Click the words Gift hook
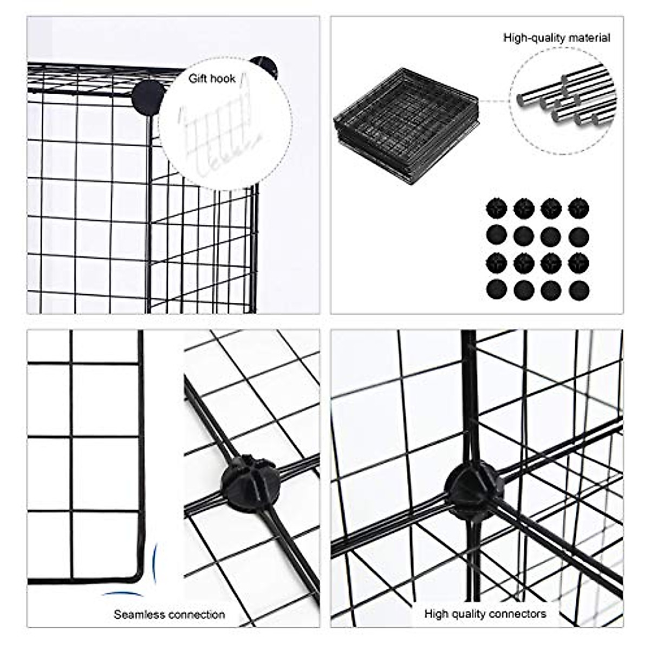click(212, 79)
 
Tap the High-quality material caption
click(556, 38)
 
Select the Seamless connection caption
click(169, 615)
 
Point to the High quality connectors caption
click(485, 614)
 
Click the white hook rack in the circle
click(217, 141)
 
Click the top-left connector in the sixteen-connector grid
click(496, 207)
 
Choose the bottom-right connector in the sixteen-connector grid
click(578, 291)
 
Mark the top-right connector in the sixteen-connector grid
click(578, 207)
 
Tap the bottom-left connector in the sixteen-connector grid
click(496, 291)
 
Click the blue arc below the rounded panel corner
click(122, 594)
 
